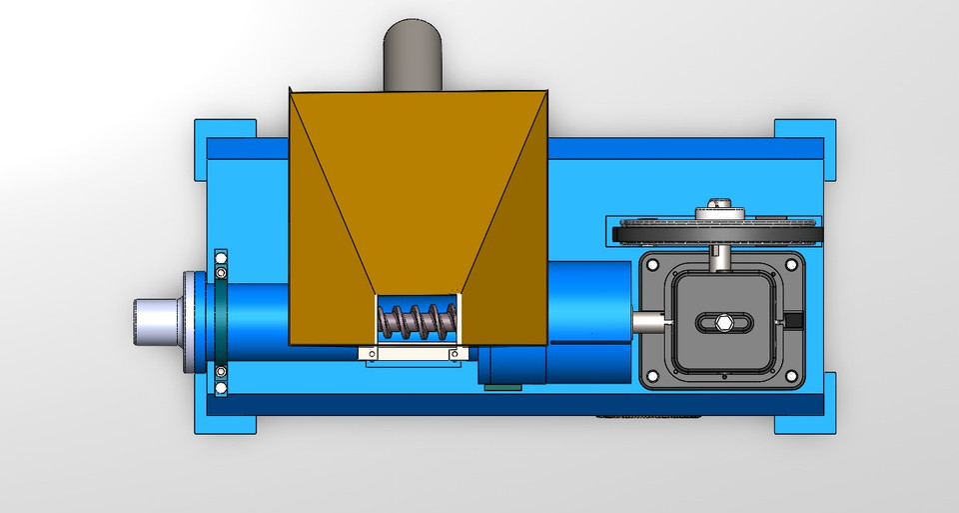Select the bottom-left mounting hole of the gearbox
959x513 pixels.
[653, 376]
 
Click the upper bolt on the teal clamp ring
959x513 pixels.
[221, 271]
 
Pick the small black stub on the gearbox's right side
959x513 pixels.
[795, 321]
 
